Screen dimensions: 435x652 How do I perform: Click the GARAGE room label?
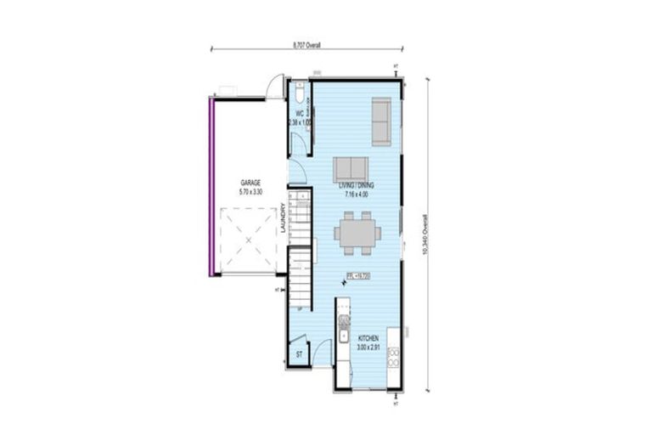(x=250, y=183)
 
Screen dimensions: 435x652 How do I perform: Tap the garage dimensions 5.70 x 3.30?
(x=250, y=191)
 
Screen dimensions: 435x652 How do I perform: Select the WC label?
(x=299, y=113)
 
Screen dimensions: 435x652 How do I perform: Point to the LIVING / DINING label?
(x=356, y=185)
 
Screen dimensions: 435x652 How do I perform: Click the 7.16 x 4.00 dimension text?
(x=356, y=194)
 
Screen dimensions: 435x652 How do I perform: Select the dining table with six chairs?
(x=356, y=234)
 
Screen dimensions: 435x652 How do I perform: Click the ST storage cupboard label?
(x=299, y=354)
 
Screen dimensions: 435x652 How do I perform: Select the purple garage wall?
(x=211, y=186)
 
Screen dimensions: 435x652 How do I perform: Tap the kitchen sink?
(x=343, y=324)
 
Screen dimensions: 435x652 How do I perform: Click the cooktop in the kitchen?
(x=393, y=356)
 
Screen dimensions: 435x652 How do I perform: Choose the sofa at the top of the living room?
(x=381, y=121)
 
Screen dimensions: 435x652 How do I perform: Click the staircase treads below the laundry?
(x=300, y=276)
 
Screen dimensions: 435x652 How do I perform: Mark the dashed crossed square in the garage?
(x=249, y=240)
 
